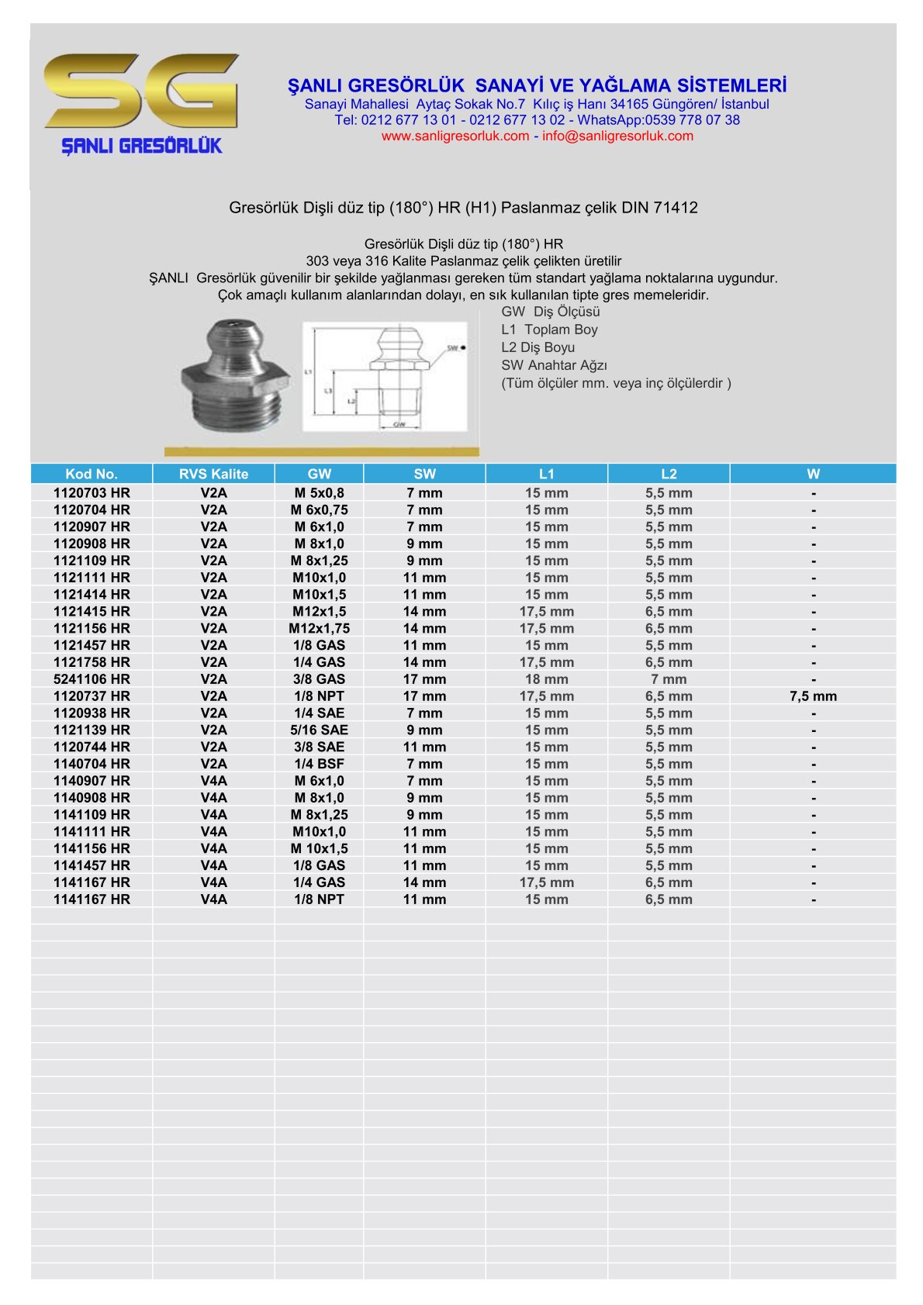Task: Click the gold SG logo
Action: point(142,91)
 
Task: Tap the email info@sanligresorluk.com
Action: point(617,136)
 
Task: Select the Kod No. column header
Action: point(92,474)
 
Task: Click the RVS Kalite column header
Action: point(213,474)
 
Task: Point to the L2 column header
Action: point(669,474)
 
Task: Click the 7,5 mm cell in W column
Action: point(813,696)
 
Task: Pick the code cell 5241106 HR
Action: point(92,679)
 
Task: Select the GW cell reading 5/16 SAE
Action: point(319,730)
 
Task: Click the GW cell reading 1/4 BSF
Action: point(319,764)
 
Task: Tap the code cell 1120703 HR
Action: point(92,493)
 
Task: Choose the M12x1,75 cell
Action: point(319,628)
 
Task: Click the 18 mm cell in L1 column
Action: point(546,679)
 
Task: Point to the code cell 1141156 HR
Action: point(92,848)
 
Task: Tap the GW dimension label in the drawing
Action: point(399,425)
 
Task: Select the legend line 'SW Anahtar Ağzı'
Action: point(554,365)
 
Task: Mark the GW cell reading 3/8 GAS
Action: point(319,679)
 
